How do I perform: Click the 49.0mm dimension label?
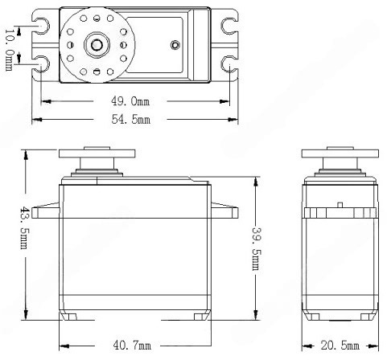point(130,101)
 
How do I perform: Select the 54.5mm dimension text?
point(131,119)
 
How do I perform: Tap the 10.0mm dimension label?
point(9,50)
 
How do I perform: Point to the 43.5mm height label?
point(25,227)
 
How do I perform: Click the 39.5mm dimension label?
point(256,248)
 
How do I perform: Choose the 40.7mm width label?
point(132,345)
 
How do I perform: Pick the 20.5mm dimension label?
point(340,346)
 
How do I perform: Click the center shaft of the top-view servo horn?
point(97,45)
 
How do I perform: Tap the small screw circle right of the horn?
point(175,45)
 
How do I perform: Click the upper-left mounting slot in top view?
point(43,26)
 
